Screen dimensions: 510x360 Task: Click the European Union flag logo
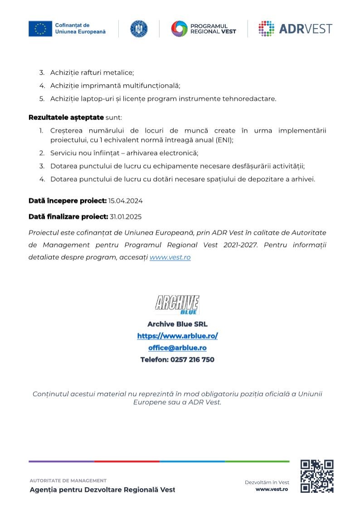point(40,29)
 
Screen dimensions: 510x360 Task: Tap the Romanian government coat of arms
point(139,29)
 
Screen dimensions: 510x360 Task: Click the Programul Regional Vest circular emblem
point(179,29)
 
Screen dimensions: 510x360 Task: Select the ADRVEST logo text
point(305,29)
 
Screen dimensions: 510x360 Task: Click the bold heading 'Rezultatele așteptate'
point(66,117)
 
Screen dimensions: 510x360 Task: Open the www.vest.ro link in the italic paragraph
point(170,257)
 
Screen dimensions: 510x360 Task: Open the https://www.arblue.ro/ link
point(177,336)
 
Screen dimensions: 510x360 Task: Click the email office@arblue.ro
point(177,348)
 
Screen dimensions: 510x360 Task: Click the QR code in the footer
point(317,476)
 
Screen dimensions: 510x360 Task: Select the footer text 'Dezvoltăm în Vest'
point(267,482)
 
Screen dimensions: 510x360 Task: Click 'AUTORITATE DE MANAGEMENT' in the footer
point(68,481)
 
